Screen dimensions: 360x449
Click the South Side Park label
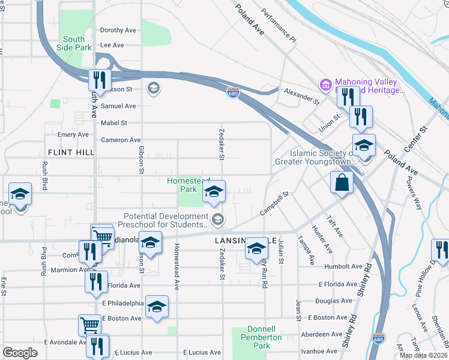74,43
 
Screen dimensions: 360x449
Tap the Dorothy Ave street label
118,30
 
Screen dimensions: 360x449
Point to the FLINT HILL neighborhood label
71,152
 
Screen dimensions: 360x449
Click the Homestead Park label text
188,184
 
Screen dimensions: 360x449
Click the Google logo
20,353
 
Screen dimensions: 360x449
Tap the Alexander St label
302,96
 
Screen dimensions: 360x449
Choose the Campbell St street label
274,204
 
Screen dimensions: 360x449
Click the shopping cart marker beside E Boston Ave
89,325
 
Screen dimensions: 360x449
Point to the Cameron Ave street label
121,140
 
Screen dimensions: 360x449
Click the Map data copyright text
423,355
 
